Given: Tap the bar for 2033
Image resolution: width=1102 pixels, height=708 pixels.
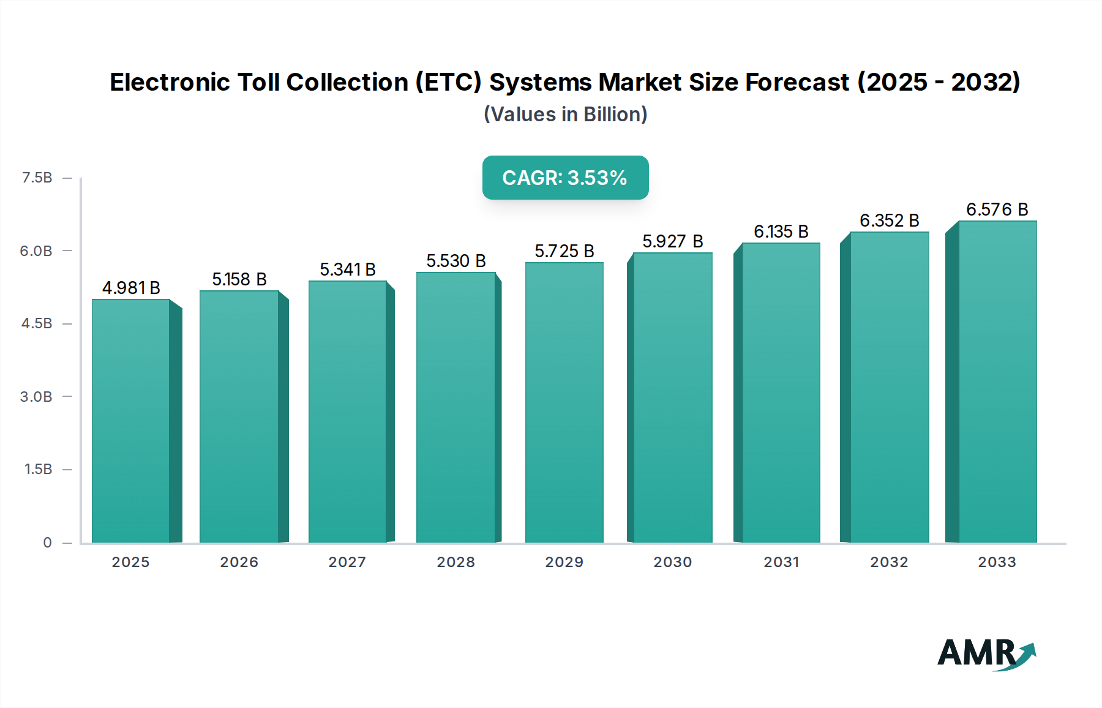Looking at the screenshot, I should click(x=997, y=382).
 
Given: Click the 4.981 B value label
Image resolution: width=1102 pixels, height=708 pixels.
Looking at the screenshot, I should click(x=131, y=288).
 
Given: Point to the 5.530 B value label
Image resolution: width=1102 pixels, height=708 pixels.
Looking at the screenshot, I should click(x=456, y=261).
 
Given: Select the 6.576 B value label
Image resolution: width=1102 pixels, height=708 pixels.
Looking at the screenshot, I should click(x=997, y=209).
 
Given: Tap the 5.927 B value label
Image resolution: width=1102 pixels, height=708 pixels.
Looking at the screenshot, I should click(x=672, y=241).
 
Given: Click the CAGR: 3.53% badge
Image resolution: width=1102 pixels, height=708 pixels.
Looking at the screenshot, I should click(x=565, y=178).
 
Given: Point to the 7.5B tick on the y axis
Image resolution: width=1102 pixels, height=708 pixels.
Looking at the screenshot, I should click(x=37, y=178).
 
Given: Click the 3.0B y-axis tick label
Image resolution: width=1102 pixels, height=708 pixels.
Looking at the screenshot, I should click(x=36, y=397).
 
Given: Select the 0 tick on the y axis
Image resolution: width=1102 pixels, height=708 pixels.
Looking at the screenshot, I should click(x=47, y=543).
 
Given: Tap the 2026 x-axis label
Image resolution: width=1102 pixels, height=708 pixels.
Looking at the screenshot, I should click(x=239, y=562).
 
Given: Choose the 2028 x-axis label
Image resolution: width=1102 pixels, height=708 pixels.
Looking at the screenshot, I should click(x=456, y=562).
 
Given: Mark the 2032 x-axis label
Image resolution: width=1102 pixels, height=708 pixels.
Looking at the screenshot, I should click(x=889, y=562).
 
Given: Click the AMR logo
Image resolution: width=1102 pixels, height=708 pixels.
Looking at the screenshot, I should click(x=986, y=653).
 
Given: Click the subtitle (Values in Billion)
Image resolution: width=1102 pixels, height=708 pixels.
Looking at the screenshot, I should click(x=565, y=115).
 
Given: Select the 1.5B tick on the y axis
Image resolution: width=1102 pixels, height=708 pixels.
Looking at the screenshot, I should click(x=38, y=469).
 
